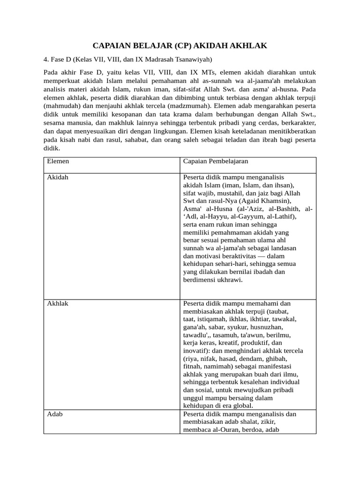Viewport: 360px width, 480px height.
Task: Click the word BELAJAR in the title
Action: pos(150,45)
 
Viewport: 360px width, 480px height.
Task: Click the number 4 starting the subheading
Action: pos(45,60)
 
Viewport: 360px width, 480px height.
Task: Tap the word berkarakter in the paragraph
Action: pos(296,123)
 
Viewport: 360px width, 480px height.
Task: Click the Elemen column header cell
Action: pos(58,161)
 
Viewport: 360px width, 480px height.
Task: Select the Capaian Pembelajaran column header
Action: pos(216,161)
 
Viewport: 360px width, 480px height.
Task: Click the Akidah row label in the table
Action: pos(58,178)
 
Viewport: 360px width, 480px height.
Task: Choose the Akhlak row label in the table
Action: pos(58,304)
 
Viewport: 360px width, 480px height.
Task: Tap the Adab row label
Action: pos(55,414)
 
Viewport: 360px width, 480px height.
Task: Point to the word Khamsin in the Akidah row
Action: pos(275,201)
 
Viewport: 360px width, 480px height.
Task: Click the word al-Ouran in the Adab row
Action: pos(223,430)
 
